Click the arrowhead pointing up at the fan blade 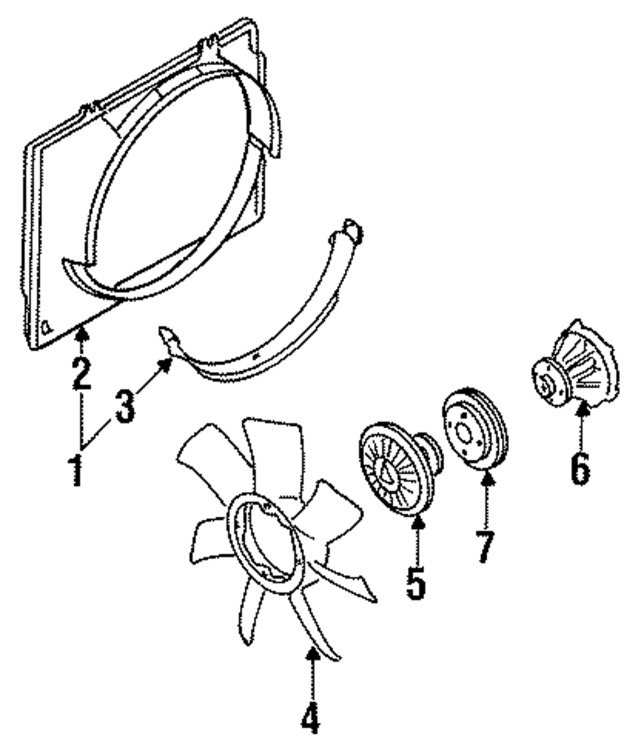[312, 654]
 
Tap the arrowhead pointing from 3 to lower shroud [168, 363]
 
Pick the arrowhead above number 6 [581, 409]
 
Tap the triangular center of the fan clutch [387, 472]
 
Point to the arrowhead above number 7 [487, 476]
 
